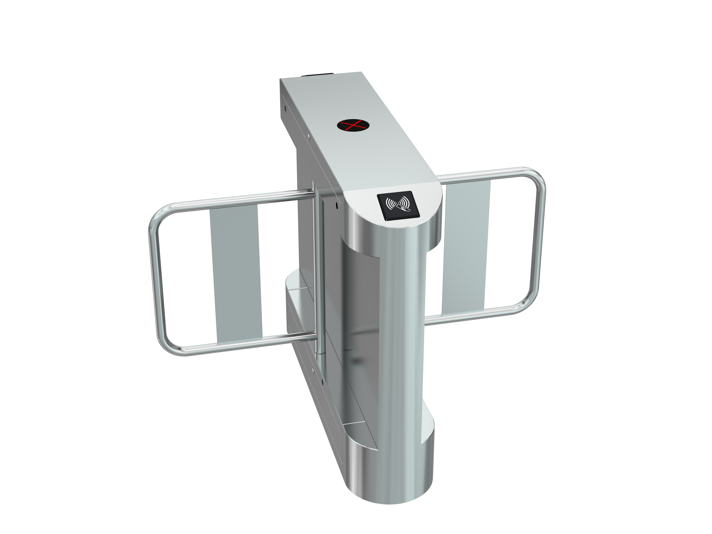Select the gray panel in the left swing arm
pos(236,274)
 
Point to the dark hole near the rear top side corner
pos(285,108)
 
